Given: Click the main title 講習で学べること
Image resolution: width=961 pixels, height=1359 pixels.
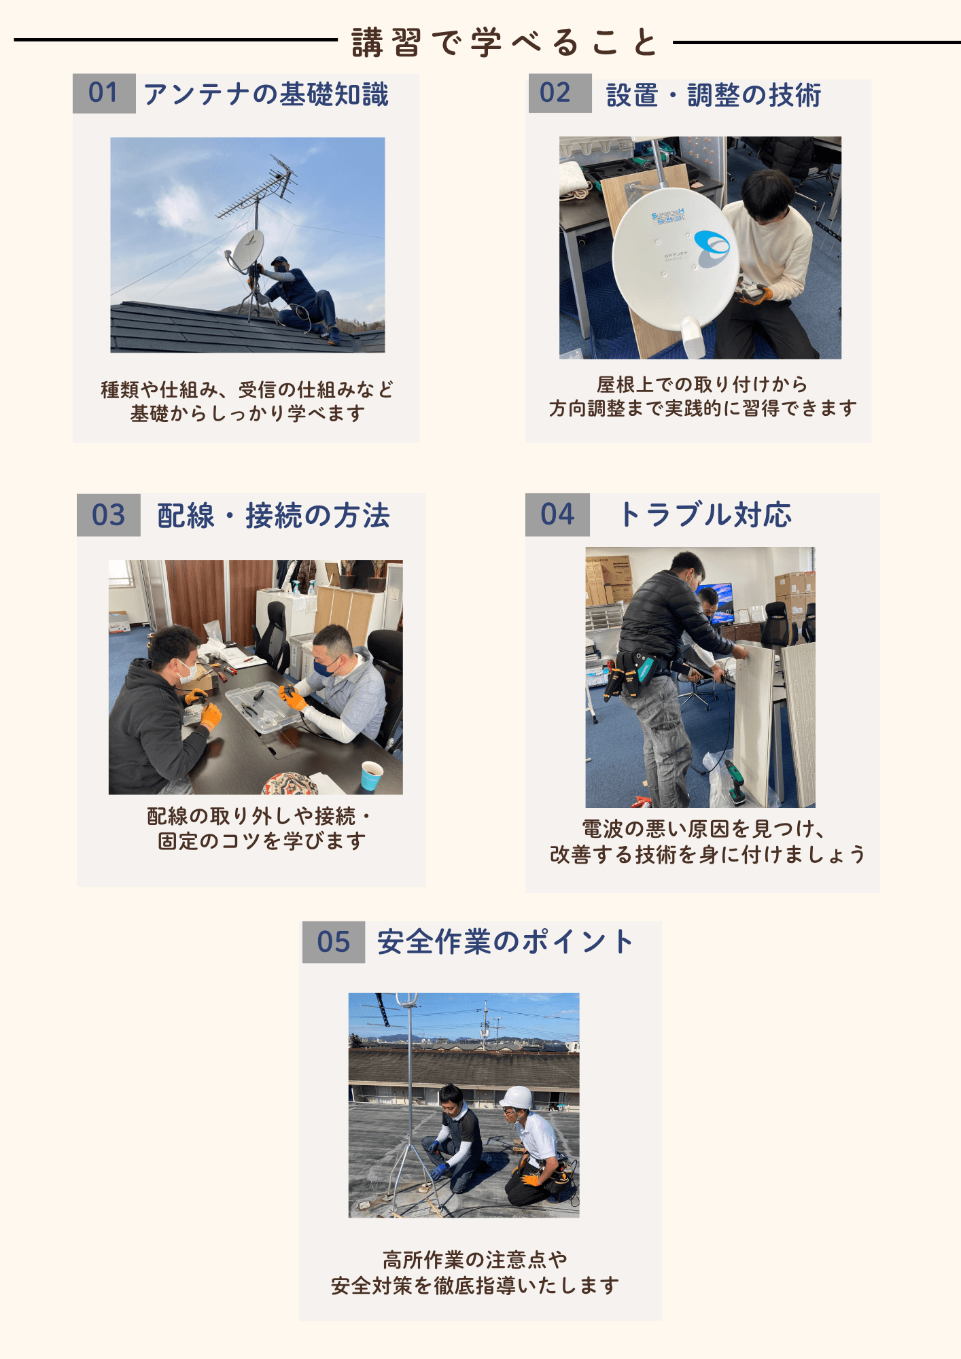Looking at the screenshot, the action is click(505, 42).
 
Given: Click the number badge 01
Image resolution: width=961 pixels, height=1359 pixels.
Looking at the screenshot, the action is click(104, 93).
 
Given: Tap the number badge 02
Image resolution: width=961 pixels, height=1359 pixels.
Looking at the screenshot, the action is click(560, 93).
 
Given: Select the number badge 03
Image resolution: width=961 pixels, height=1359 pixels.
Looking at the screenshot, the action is click(109, 515).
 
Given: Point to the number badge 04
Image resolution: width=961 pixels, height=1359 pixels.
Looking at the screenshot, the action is click(557, 514).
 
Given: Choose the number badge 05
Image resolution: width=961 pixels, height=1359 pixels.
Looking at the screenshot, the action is click(334, 942).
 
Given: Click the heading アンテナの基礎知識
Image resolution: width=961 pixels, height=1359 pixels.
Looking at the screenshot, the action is click(266, 94).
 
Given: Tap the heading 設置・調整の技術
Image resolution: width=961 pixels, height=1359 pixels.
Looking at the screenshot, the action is click(714, 95).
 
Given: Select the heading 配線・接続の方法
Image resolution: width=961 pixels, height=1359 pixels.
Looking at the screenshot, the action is click(273, 516).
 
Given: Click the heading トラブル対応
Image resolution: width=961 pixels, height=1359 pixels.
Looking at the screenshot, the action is click(705, 514).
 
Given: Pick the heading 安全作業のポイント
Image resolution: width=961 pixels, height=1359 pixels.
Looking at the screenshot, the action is click(505, 942).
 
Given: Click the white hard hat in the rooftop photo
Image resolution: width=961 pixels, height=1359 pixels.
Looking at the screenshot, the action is click(517, 1097).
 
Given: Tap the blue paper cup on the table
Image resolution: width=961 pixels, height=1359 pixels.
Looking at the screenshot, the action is click(372, 775).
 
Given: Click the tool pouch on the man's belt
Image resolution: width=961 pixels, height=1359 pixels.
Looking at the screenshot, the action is click(631, 672).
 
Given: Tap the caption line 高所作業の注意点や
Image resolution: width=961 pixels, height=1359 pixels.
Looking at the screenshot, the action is click(475, 1259).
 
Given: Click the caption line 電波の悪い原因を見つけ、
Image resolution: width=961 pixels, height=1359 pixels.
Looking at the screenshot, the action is click(703, 829).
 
